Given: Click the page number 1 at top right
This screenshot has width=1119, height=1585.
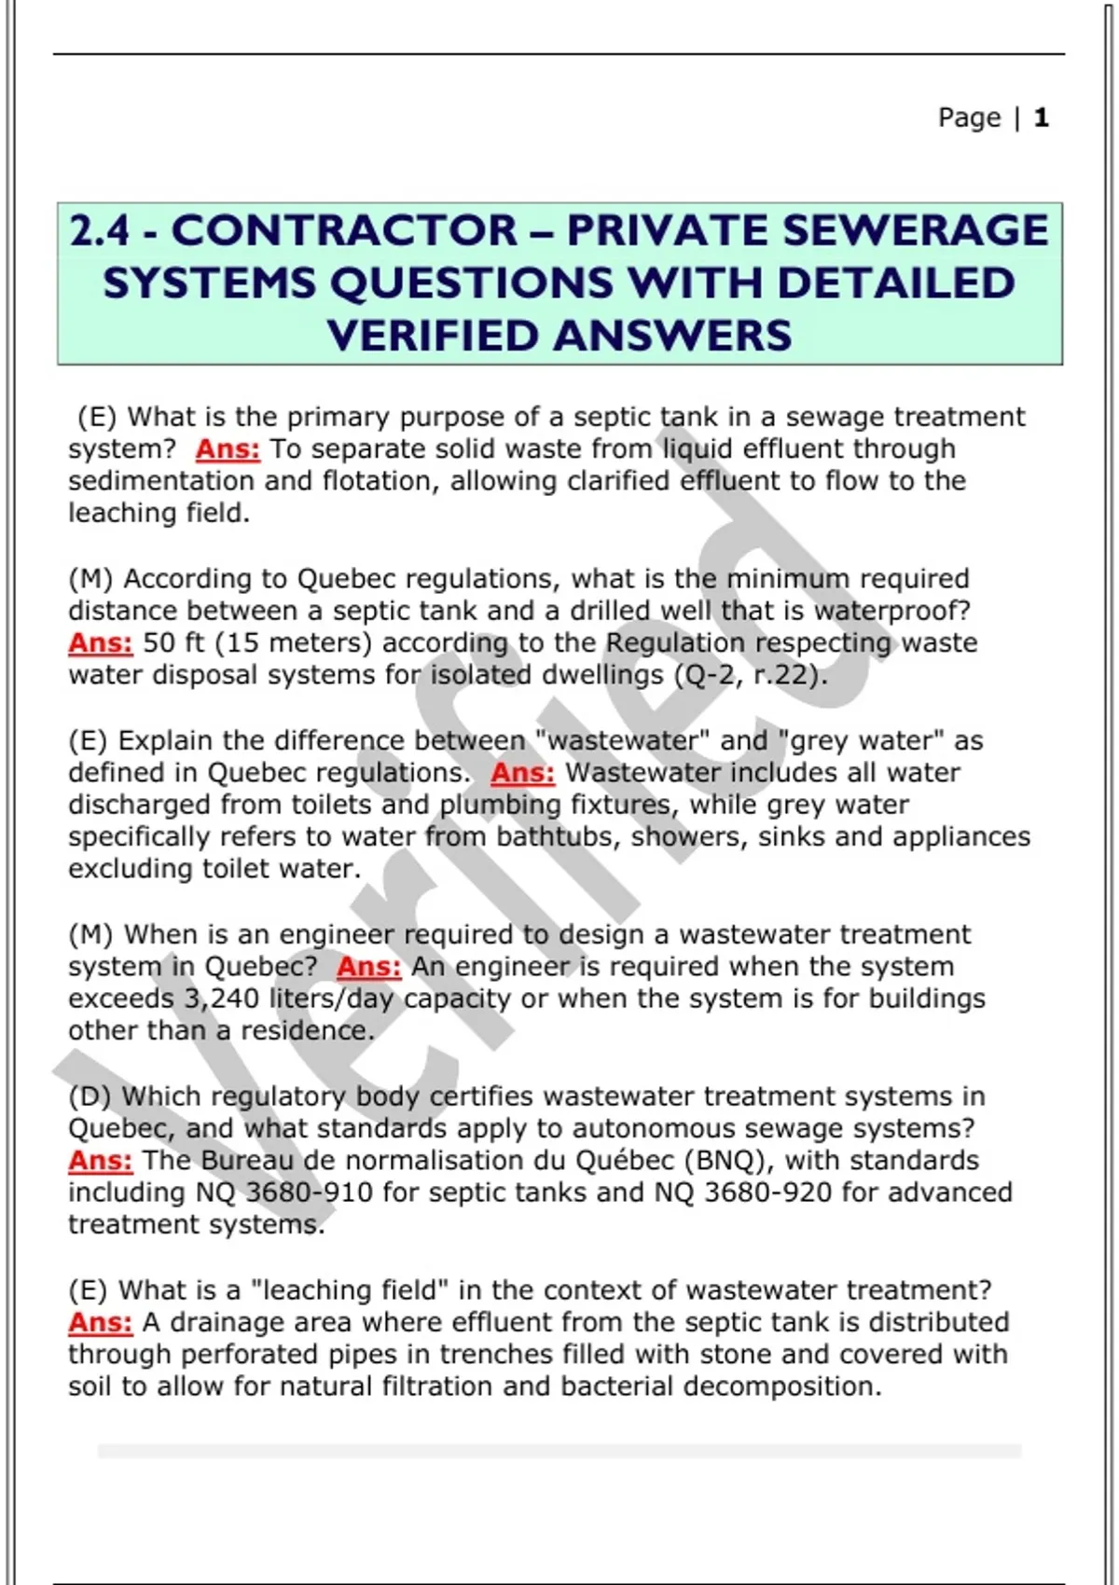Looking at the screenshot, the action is pyautogui.click(x=1041, y=117).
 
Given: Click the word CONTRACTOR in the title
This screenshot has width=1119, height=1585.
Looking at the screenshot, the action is pyautogui.click(x=345, y=230).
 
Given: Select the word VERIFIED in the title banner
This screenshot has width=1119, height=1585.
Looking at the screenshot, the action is pyautogui.click(x=433, y=335).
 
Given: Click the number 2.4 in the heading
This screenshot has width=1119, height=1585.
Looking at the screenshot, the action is pyautogui.click(x=99, y=230).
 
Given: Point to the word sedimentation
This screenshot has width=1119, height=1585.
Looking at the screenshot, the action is pyautogui.click(x=160, y=481).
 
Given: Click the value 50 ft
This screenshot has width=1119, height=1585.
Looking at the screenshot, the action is pyautogui.click(x=173, y=642).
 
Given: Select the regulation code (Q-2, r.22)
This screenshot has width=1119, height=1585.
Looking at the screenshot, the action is pyautogui.click(x=751, y=675).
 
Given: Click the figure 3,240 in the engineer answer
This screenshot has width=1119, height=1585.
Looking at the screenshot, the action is pyautogui.click(x=222, y=999).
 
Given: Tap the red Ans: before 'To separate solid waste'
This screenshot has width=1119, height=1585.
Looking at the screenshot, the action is pyautogui.click(x=228, y=448).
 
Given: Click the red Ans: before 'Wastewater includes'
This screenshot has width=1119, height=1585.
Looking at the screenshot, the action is pyautogui.click(x=522, y=772).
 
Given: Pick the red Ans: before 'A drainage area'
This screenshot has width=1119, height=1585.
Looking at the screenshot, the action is pyautogui.click(x=101, y=1322).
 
